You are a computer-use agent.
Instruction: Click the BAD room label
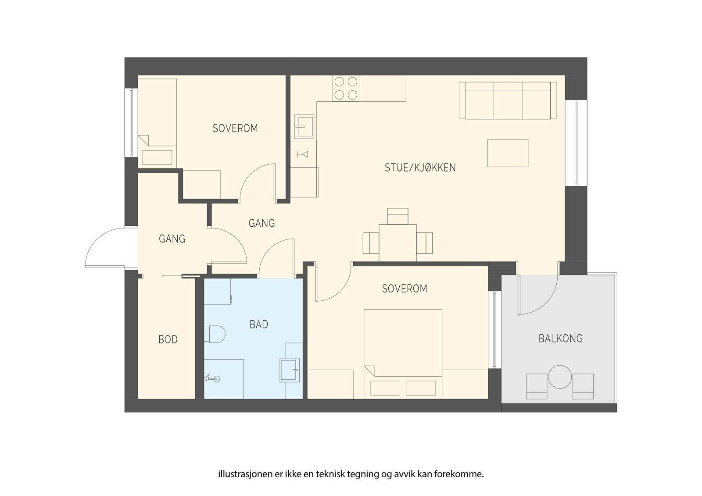258,325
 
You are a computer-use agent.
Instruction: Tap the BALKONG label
560,339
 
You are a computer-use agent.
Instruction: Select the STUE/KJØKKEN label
420,168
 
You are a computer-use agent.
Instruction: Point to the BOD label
168,339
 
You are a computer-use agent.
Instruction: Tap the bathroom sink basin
288,370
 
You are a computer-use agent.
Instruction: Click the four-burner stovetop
346,88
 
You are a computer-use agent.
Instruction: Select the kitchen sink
304,127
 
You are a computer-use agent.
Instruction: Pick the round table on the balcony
560,377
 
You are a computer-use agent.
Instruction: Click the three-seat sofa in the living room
508,100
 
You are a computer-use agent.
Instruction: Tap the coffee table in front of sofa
508,153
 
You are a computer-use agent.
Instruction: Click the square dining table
398,243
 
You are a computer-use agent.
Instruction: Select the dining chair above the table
398,216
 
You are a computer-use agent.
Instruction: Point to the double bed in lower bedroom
403,354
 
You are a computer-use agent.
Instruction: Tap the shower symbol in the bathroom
212,378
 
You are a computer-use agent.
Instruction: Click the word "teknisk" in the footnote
332,474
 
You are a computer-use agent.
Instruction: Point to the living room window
576,143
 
